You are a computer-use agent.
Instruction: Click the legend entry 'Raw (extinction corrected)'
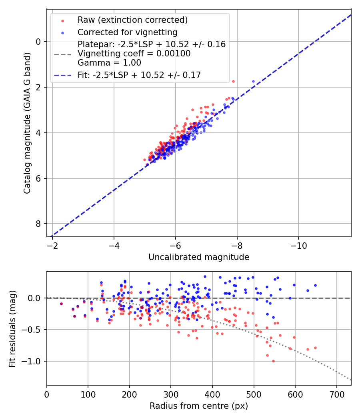click(x=132, y=20)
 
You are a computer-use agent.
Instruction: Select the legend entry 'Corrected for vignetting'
click(x=127, y=32)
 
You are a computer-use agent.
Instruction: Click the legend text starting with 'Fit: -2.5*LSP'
click(x=139, y=75)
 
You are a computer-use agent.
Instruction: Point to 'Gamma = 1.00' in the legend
click(x=109, y=62)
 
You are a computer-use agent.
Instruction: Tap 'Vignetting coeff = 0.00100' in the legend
click(x=134, y=54)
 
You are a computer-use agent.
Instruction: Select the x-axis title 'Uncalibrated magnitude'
click(x=199, y=257)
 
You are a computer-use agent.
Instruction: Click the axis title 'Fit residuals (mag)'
click(x=12, y=328)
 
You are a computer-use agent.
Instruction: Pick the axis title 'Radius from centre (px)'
click(x=199, y=406)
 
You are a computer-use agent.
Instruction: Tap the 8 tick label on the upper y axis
click(x=39, y=224)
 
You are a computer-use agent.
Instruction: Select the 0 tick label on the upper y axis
click(x=39, y=42)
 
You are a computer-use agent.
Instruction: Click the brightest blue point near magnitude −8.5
click(x=253, y=81)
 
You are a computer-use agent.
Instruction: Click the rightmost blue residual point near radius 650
click(x=315, y=285)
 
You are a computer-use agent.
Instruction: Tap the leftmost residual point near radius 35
click(x=61, y=304)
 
